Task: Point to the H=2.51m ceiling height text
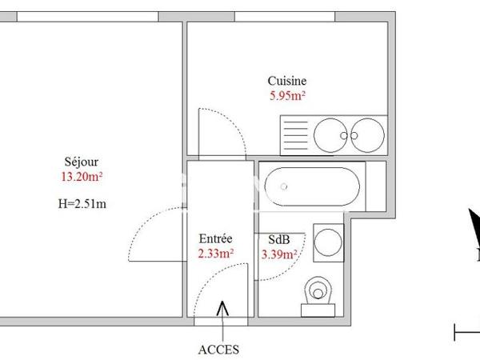[82, 202]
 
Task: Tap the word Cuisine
[287, 81]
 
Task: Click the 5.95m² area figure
[288, 95]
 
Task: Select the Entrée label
[215, 238]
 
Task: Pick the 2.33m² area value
[216, 254]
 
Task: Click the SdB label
[279, 239]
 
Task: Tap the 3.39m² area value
[280, 254]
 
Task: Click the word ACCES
[218, 349]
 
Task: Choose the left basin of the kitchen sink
[330, 134]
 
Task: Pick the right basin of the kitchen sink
[368, 134]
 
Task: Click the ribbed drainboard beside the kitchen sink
[294, 134]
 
